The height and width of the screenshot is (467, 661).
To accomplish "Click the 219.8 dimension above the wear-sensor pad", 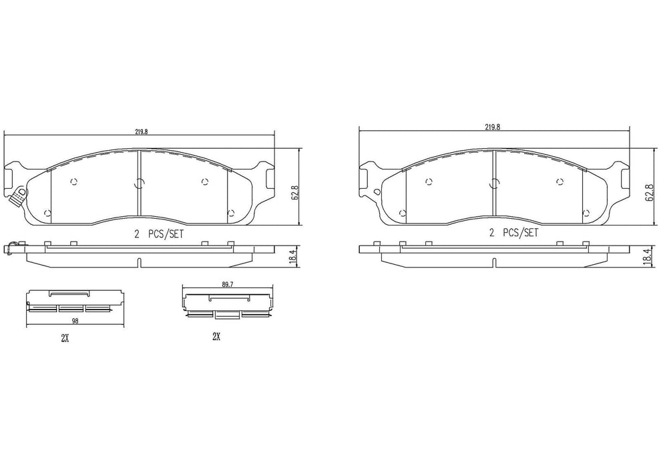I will coord(141,132).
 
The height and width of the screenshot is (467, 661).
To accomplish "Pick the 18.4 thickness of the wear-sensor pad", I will coord(293,257).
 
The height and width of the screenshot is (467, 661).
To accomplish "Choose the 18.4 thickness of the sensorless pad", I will coord(646,256).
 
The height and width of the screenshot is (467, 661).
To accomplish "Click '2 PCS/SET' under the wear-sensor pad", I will coord(158,233).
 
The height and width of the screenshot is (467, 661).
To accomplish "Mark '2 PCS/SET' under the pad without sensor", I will coord(513,233).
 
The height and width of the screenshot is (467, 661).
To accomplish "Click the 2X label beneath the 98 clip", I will coord(65,338).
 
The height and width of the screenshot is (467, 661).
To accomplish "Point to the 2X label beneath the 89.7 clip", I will coord(216,337).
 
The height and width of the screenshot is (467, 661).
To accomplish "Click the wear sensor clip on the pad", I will coord(19,194).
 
